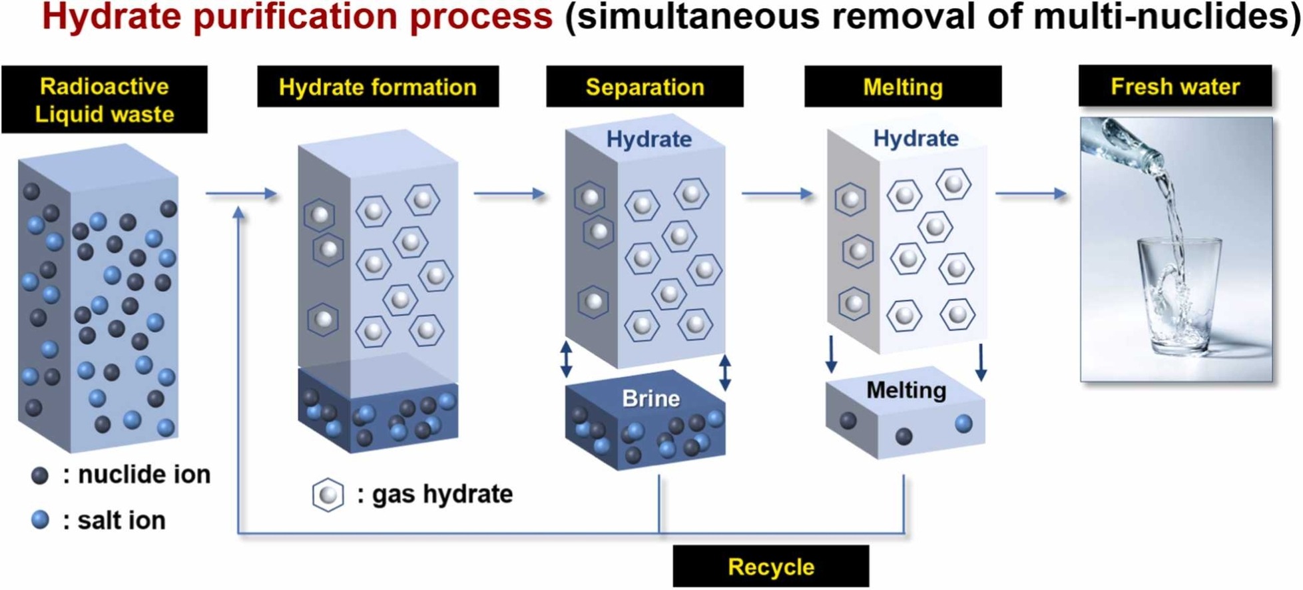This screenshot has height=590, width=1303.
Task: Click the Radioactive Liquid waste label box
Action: click(105, 100)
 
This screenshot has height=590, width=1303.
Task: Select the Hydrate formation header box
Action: click(378, 87)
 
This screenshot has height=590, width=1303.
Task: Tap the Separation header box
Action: click(645, 87)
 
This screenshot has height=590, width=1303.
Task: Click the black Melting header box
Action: click(903, 87)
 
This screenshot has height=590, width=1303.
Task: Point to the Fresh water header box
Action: click(1175, 87)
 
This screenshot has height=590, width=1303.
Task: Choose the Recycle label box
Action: click(771, 567)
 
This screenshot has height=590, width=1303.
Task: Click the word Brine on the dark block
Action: click(651, 398)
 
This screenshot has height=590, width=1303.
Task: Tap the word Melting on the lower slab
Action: click(906, 390)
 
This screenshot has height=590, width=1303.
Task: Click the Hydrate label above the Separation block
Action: click(649, 139)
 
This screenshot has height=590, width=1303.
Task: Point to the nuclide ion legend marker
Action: click(40, 475)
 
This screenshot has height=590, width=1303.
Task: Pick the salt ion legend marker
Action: click(40, 520)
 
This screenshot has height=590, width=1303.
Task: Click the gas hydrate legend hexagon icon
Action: click(328, 495)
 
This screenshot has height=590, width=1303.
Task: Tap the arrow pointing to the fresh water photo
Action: click(1031, 194)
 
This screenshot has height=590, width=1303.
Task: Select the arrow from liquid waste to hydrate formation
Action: click(241, 194)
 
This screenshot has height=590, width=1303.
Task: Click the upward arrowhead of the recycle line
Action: click(238, 213)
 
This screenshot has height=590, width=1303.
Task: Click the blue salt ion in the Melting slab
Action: click(963, 424)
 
